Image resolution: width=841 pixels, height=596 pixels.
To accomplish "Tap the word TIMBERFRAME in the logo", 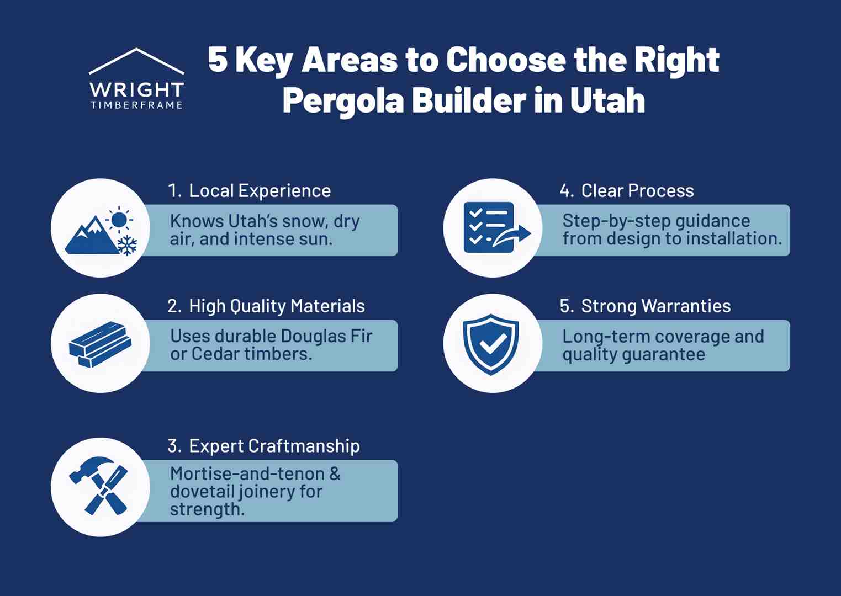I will pyautogui.click(x=136, y=105).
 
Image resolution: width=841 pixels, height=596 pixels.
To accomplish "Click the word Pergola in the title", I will pyautogui.click(x=342, y=100).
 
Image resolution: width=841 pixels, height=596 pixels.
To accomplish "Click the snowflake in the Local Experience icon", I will pyautogui.click(x=128, y=245).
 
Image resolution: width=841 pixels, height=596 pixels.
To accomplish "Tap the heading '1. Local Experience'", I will pyautogui.click(x=249, y=191).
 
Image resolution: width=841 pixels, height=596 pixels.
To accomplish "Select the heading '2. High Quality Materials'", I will pyautogui.click(x=266, y=306).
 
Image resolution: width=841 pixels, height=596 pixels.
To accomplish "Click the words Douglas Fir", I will pyautogui.click(x=326, y=336).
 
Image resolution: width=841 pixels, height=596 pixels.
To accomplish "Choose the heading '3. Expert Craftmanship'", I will pyautogui.click(x=263, y=446).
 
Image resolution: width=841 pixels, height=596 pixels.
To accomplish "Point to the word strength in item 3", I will pyautogui.click(x=207, y=509).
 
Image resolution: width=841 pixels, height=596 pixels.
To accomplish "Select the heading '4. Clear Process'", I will pyautogui.click(x=627, y=191).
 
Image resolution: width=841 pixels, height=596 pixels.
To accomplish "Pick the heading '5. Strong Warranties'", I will pyautogui.click(x=645, y=306).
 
